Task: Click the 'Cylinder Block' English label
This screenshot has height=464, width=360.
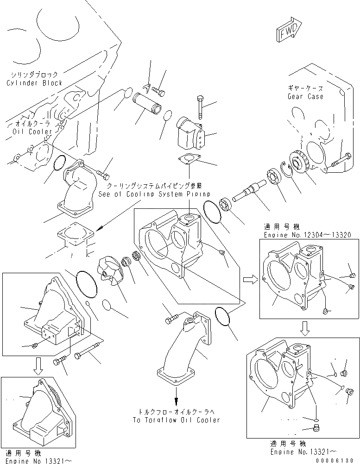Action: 34,83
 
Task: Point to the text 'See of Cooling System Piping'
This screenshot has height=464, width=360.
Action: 154,194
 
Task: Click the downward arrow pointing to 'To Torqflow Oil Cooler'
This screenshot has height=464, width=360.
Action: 176,397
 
